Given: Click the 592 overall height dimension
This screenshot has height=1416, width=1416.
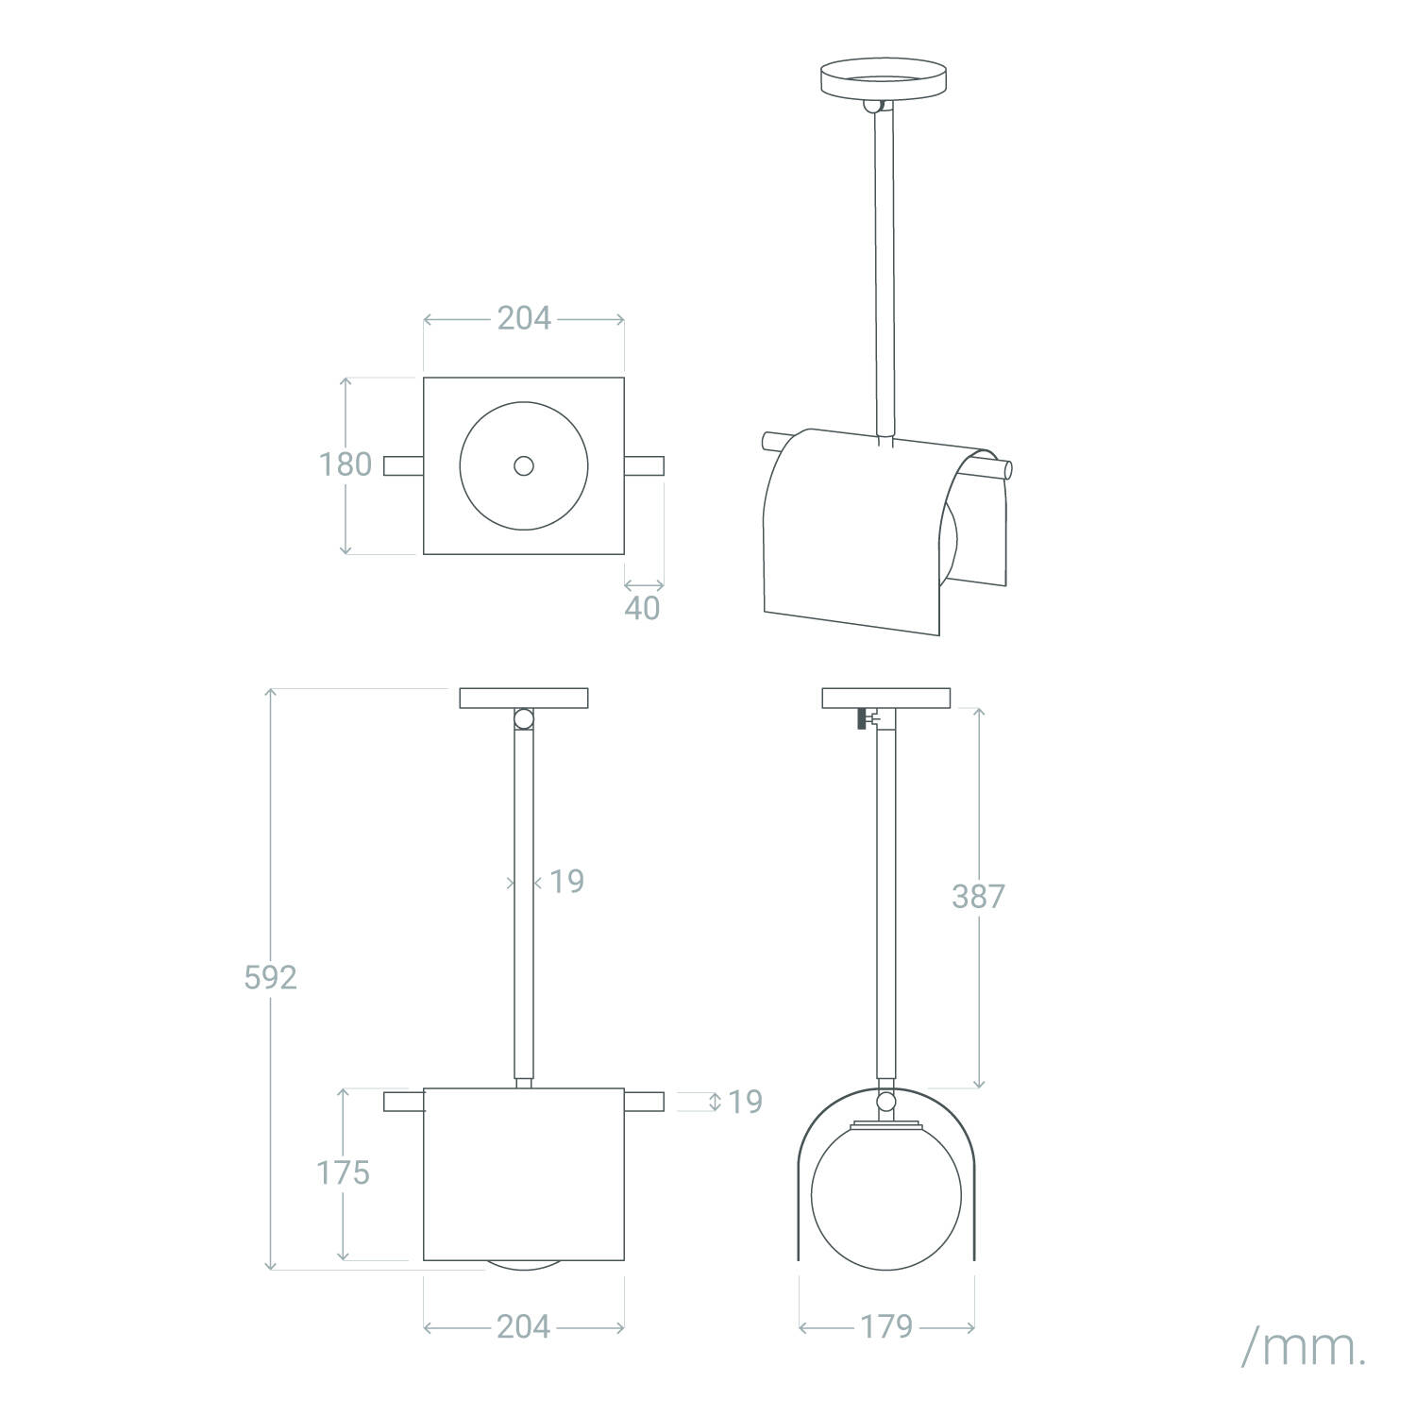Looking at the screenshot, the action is pos(271,977).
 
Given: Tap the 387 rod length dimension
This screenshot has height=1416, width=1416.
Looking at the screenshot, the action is pos(978,896).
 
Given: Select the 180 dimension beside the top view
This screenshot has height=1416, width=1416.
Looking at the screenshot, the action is pos(345,464).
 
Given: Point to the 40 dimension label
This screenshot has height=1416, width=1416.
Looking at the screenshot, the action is pos(643,609).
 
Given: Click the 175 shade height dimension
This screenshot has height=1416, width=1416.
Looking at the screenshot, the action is pos(343,1172).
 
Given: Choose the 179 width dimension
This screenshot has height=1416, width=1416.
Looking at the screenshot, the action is pos(886,1326).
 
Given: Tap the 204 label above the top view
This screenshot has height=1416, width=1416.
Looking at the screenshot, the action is pos(524,318).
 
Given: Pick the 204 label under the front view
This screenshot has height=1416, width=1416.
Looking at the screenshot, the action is pos(524,1326).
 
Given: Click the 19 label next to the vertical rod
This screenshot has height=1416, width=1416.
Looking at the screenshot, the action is pos(567,882).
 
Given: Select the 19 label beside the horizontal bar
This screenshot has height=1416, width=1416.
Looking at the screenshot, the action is pos(746,1102).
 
